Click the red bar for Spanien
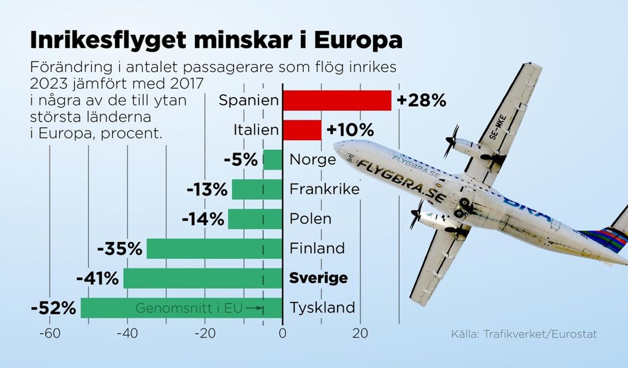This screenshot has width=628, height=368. click(337, 101)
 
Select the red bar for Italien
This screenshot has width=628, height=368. click(302, 130)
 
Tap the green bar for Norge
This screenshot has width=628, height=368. click(273, 160)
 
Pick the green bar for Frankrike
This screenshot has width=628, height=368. click(257, 189)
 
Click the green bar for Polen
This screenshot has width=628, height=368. click(255, 219)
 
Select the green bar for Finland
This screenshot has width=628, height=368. click(215, 249)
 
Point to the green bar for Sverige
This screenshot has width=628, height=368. click(203, 278)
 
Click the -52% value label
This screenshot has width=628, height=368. click(53, 308)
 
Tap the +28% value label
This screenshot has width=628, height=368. click(421, 101)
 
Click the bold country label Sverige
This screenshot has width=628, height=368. click(318, 278)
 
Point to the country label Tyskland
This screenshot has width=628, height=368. click(322, 308)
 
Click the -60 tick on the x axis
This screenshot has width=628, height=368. click(49, 334)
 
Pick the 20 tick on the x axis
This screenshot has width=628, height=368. click(359, 334)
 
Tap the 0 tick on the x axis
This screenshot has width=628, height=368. click(282, 334)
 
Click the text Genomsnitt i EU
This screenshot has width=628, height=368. click(189, 308)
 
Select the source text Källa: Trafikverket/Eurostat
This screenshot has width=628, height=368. click(524, 334)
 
